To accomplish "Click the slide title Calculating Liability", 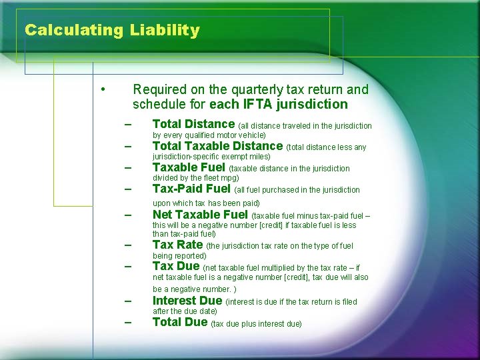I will click(112, 30).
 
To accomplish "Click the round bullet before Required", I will click(103, 89).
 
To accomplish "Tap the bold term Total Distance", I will click(193, 124).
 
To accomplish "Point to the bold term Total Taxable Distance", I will click(217, 146).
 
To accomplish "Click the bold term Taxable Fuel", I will click(189, 167).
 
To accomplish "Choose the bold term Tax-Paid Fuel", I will click(191, 189).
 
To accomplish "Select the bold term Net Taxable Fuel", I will click(200, 215).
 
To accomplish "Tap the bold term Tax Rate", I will click(177, 245).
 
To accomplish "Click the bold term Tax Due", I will click(176, 266).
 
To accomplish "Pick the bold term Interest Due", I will click(187, 301).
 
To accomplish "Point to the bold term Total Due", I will click(180, 323).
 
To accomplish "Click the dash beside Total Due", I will click(127, 323).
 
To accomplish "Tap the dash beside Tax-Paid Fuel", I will click(127, 190).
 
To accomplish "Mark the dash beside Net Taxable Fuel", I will click(127, 216).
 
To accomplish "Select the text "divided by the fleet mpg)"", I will click(195, 178).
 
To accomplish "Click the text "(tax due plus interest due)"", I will click(256, 324).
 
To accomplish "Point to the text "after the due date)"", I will click(185, 311).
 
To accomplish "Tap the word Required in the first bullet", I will click(159, 89).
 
